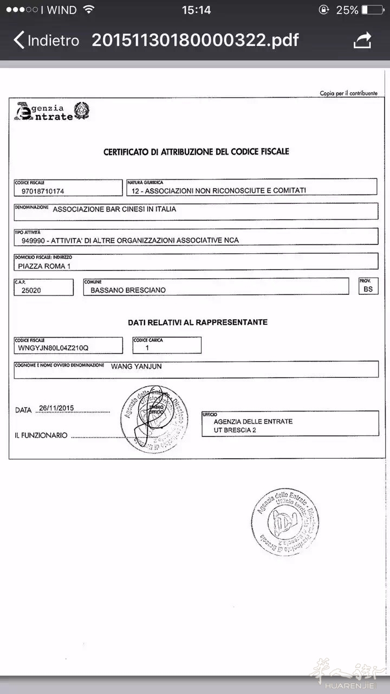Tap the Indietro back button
[x=47, y=41]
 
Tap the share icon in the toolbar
[x=362, y=41]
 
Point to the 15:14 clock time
[x=196, y=10]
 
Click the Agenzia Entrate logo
[x=51, y=111]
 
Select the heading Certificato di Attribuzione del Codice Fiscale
[x=196, y=152]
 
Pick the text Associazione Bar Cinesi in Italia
[x=114, y=209]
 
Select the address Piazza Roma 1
[x=44, y=266]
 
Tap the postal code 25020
[x=31, y=290]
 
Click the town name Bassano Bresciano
[x=128, y=290]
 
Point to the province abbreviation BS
[x=368, y=290]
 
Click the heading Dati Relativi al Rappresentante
[x=198, y=322]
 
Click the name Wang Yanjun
[x=136, y=367]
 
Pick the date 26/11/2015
[x=56, y=408]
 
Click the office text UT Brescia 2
[x=235, y=430]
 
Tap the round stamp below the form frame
[x=285, y=522]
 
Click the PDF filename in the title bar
[x=195, y=41]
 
